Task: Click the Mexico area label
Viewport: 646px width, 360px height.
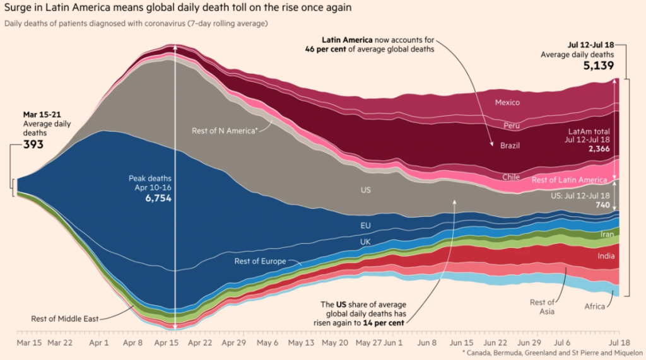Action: [x=507, y=102]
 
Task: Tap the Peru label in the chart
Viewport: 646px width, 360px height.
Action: [x=512, y=125]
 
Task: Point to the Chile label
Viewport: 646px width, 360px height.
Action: [x=511, y=177]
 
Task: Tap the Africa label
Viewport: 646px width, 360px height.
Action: [x=594, y=306]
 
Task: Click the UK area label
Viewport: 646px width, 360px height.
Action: [x=365, y=241]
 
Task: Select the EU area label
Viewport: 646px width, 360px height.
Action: [x=365, y=224]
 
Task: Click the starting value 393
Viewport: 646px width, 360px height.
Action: [x=34, y=144]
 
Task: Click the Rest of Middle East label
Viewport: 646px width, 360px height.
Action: [x=64, y=318]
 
